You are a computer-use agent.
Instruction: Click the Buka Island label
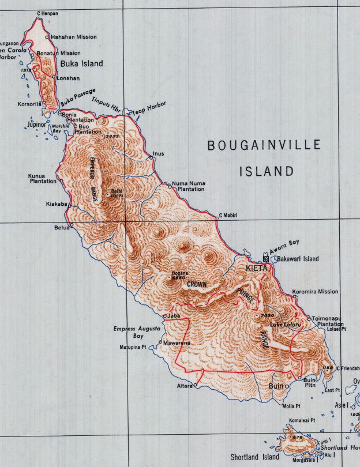click(81, 63)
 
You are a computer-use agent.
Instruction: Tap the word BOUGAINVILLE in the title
click(264, 145)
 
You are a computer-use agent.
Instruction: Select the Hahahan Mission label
click(74, 37)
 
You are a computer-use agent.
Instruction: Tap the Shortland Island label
click(255, 457)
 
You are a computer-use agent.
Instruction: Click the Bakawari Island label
click(298, 259)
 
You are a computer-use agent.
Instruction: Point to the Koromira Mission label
click(316, 292)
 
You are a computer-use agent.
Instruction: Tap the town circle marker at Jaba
click(164, 316)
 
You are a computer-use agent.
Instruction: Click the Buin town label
click(276, 386)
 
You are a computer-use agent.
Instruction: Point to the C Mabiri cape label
click(228, 216)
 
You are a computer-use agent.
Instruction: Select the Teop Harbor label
click(149, 107)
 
